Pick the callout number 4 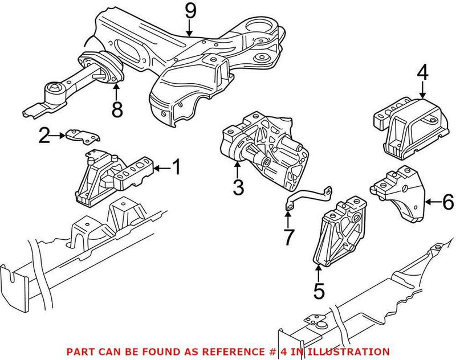[x=422, y=73]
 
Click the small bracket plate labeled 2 [x=82, y=136]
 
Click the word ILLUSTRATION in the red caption [x=354, y=351]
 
